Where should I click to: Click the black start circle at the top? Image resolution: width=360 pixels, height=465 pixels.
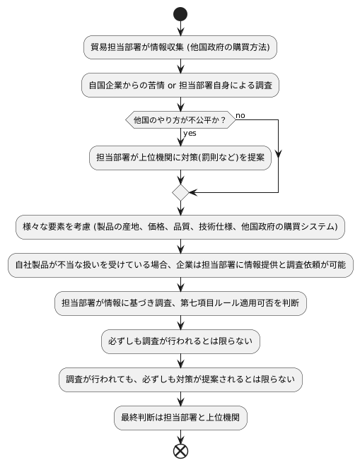pos(180,14)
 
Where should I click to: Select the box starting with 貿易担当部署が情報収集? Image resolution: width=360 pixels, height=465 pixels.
pos(180,47)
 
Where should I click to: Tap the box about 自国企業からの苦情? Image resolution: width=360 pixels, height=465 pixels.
pos(180,85)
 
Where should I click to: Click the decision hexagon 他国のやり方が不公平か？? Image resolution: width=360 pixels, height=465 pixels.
pos(180,120)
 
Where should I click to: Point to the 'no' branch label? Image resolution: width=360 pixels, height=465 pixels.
pos(240,115)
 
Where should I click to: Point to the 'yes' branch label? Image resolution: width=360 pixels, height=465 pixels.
pos(190,134)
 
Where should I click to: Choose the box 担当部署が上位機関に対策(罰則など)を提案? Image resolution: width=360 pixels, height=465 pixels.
pos(180,158)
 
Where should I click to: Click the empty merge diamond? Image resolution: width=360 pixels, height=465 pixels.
pos(180,192)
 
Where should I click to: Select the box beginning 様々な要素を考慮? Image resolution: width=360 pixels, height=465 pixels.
pos(180,227)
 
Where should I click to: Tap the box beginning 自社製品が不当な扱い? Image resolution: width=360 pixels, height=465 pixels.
pos(180,265)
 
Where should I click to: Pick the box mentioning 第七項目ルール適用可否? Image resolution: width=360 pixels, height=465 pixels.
pos(180,303)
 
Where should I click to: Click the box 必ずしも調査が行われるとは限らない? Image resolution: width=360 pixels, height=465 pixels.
pos(180,341)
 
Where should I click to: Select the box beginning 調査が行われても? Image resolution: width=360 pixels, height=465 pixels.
pos(180,379)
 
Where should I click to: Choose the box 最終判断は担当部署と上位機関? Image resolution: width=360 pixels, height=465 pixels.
pos(180,418)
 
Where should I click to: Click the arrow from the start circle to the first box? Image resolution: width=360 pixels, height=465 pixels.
pos(180,29)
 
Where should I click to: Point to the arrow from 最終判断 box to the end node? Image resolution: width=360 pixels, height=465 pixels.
pos(180,435)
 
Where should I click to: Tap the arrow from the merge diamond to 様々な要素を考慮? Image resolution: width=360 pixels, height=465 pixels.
pos(180,208)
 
